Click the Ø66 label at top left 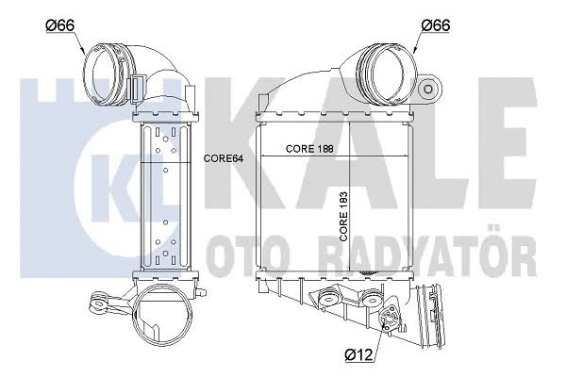[x=60, y=25]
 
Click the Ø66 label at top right [x=436, y=25]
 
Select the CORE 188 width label [x=309, y=148]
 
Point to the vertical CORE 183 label [x=343, y=216]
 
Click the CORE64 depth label [x=224, y=158]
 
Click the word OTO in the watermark [x=251, y=256]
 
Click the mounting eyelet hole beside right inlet [x=428, y=89]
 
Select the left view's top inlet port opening [x=105, y=75]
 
